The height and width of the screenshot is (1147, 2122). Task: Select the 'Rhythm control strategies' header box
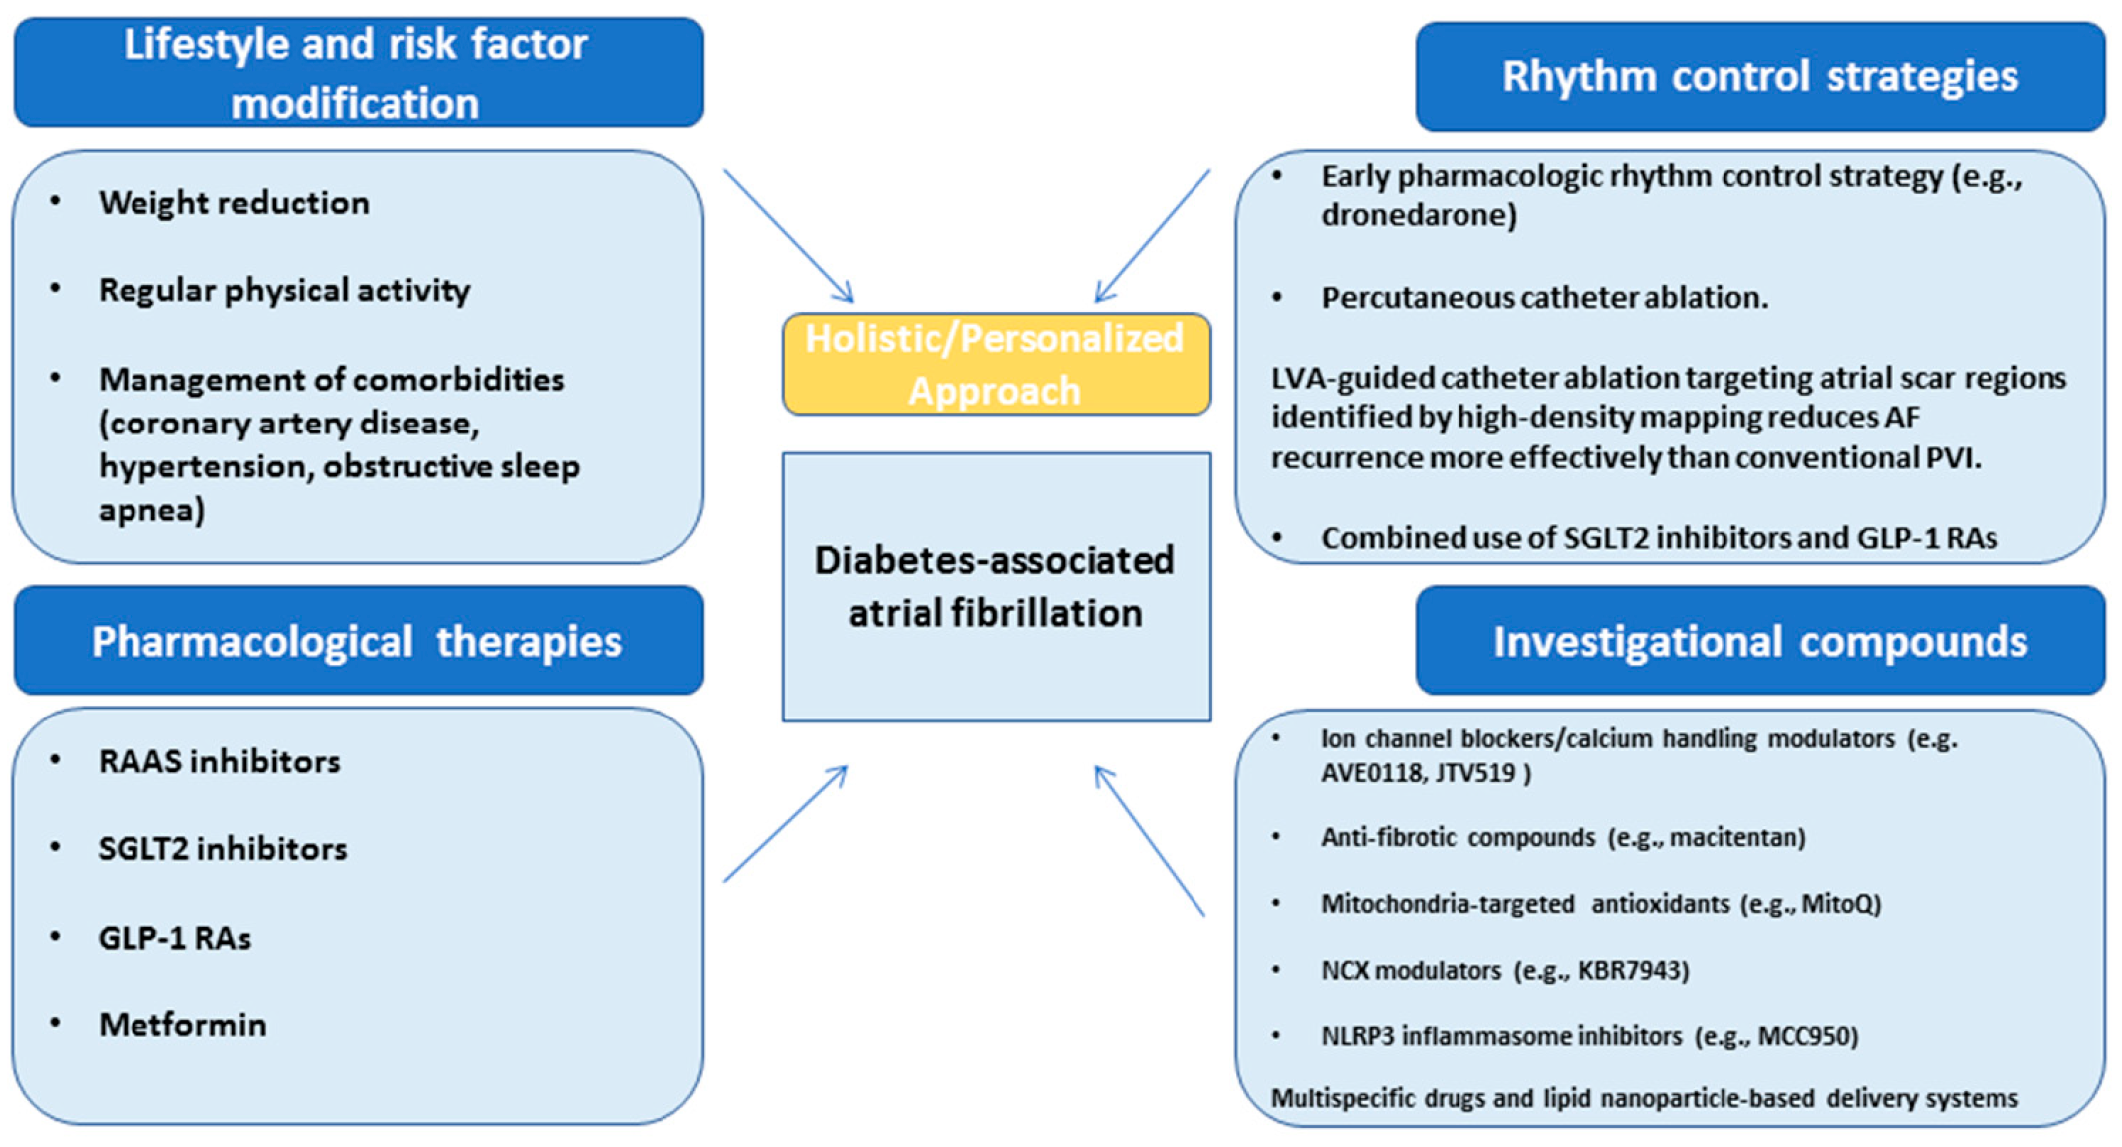[1760, 77]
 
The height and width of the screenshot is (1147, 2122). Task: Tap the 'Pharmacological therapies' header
[359, 640]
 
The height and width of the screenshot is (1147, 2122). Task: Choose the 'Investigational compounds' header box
[1760, 640]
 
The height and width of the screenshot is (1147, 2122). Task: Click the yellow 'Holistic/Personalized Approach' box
[996, 364]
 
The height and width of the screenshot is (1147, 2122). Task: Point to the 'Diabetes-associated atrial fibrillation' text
[994, 586]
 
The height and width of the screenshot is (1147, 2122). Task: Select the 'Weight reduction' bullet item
[233, 203]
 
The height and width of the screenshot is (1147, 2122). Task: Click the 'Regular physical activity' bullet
[284, 290]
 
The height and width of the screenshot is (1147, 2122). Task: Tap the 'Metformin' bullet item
[182, 1024]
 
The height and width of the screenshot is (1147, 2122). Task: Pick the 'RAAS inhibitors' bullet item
[219, 761]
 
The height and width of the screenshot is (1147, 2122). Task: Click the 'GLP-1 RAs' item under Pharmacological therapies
[174, 938]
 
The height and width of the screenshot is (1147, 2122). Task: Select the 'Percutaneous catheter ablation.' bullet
[1544, 297]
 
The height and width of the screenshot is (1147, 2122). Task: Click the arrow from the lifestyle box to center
[789, 236]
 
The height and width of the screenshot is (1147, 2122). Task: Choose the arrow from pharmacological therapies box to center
[786, 823]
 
